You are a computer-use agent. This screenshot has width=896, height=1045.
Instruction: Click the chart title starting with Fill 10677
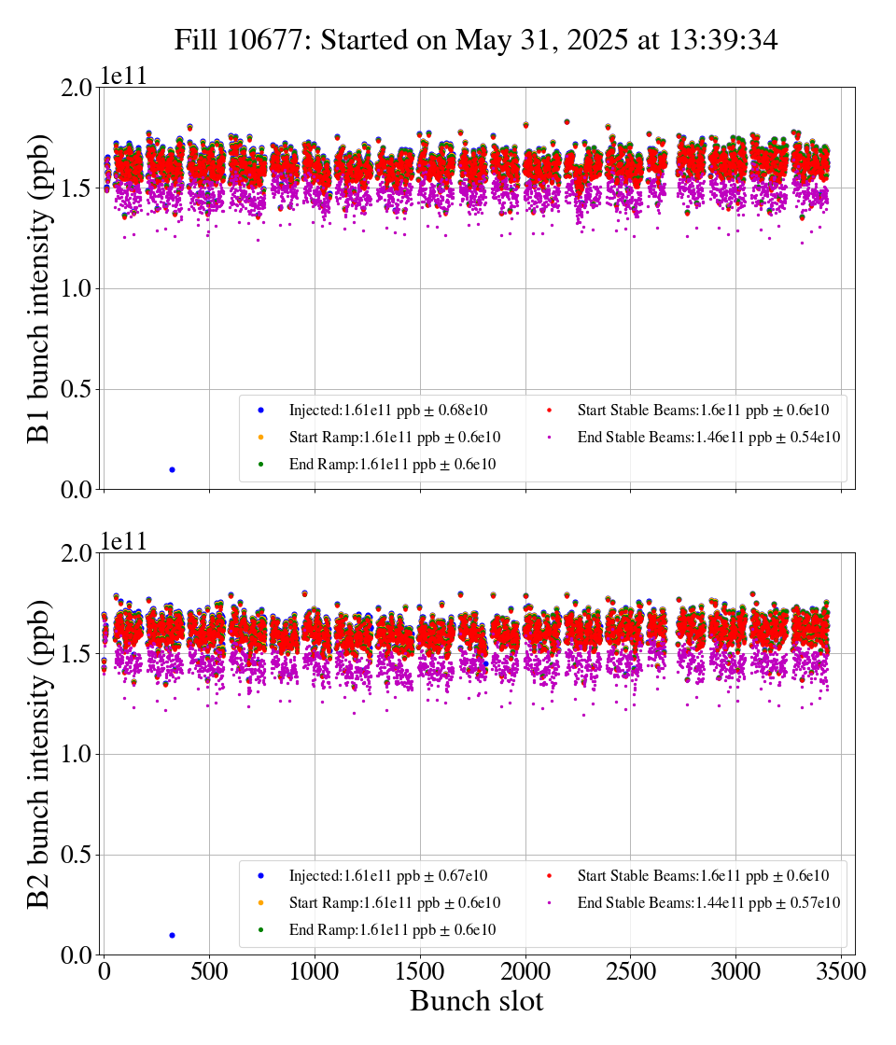tap(476, 39)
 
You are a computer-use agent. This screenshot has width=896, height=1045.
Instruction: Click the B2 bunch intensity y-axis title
tap(39, 754)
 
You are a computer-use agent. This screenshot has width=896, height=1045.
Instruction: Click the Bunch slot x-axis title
tap(476, 1002)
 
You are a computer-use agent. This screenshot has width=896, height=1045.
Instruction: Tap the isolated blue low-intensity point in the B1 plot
tap(172, 469)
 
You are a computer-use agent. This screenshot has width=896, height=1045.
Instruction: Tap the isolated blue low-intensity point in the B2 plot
tap(172, 935)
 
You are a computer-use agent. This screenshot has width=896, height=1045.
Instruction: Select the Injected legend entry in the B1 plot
tap(387, 410)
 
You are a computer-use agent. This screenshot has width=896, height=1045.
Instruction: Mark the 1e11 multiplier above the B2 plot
tap(125, 543)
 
